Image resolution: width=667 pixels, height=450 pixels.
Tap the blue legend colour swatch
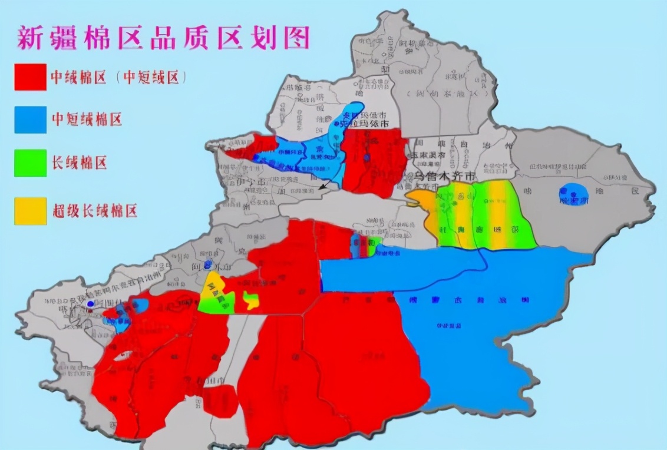pos(30,120)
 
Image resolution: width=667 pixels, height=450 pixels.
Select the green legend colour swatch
pos(30,163)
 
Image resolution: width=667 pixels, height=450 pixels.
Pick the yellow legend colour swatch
pos(30,210)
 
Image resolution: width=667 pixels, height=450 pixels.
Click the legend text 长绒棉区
pos(79,163)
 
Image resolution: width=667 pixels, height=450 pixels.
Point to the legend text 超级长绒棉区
pos(94,210)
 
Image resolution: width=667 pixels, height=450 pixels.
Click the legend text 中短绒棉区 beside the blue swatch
pos(86,120)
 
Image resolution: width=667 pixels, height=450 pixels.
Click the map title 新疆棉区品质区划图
pos(163,38)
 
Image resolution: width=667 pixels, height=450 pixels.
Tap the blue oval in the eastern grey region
pos(573,194)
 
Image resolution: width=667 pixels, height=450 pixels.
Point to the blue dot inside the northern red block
pos(366,158)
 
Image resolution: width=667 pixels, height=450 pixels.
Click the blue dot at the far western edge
pos(90,304)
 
